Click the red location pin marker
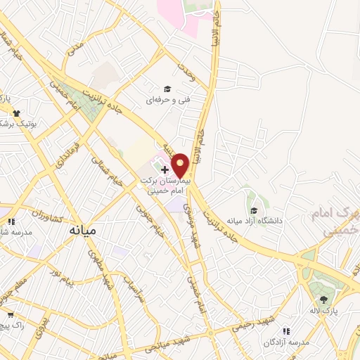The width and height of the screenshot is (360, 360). tap(181, 165)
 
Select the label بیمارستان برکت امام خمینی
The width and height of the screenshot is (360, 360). tap(166, 186)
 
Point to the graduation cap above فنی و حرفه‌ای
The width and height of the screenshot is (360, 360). tap(167, 89)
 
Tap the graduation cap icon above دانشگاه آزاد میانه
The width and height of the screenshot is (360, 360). tap(253, 210)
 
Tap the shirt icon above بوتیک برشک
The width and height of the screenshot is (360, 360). tap(15, 112)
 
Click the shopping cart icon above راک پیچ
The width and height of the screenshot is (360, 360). tap(10, 315)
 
